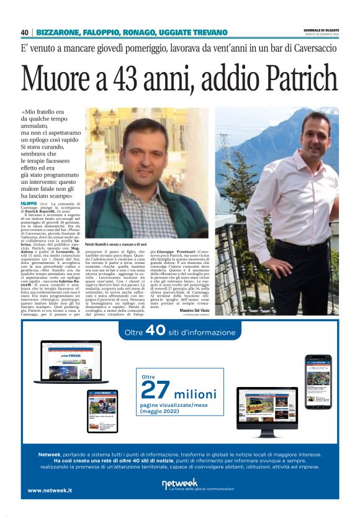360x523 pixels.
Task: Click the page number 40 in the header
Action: click(x=25, y=32)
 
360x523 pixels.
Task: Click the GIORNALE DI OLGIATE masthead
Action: click(x=322, y=29)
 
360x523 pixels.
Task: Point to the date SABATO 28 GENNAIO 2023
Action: click(x=322, y=35)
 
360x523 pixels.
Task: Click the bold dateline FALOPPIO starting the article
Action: click(x=29, y=204)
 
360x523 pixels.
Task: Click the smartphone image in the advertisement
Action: click(x=317, y=381)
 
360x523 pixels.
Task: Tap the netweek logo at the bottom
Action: click(x=179, y=483)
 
